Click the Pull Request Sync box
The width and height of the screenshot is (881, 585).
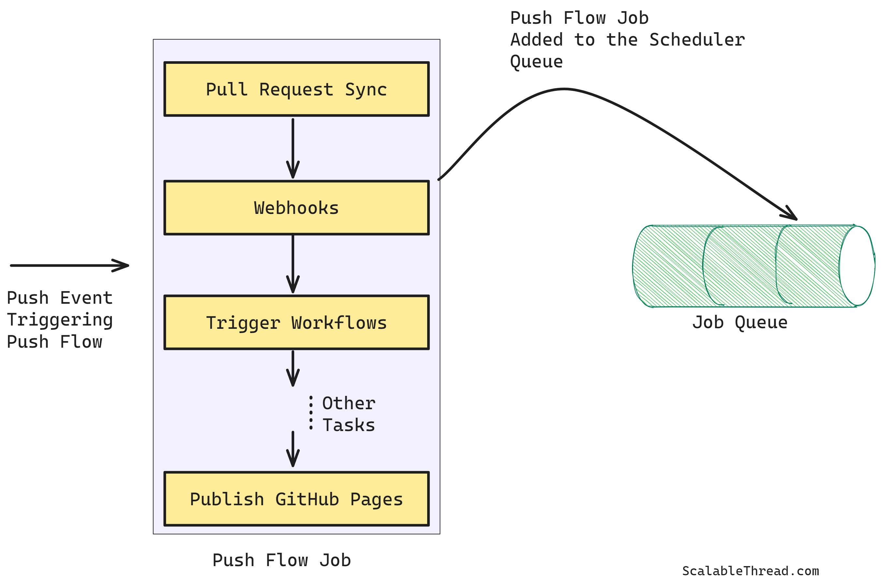296,89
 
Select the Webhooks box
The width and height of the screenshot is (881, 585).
296,208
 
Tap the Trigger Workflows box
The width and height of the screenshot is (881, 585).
296,323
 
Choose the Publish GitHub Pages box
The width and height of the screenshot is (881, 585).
296,499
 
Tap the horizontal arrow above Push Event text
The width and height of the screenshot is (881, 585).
69,266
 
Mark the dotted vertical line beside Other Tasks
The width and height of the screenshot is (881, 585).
311,413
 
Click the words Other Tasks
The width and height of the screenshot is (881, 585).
349,414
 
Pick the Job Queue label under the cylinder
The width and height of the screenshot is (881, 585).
740,322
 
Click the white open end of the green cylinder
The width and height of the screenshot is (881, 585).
857,266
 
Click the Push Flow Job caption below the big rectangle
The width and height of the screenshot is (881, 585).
282,560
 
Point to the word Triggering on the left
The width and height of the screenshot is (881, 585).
60,320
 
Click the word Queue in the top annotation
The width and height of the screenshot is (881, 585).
536,62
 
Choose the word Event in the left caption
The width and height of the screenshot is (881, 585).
86,298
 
